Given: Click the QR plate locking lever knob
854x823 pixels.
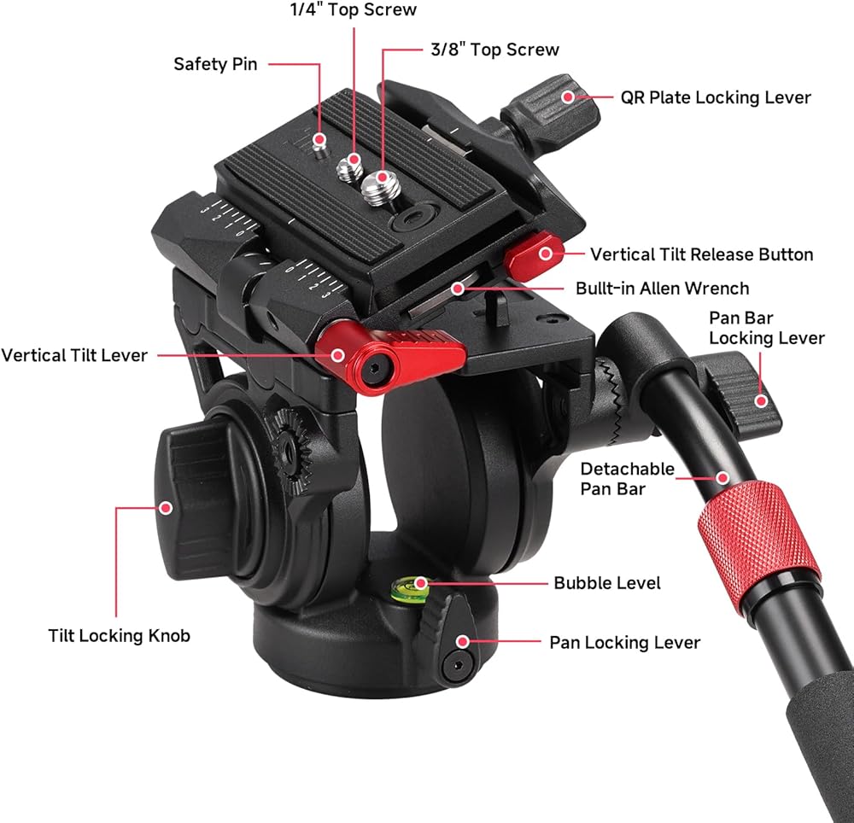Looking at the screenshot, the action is tap(550, 108).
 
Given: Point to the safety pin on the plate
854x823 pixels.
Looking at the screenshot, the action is tap(321, 145).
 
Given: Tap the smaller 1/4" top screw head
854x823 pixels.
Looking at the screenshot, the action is tap(349, 168).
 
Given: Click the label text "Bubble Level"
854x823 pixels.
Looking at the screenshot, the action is tap(606, 583).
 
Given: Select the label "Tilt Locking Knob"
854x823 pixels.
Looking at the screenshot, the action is tap(120, 636).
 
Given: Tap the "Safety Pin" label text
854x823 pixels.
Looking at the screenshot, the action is tap(215, 64).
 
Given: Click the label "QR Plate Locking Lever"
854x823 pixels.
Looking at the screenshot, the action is tap(716, 97).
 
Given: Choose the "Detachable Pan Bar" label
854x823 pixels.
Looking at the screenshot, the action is tap(627, 478).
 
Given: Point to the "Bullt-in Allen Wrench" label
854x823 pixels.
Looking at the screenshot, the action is tap(663, 288).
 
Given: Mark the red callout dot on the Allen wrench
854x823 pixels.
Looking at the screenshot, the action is tap(459, 288).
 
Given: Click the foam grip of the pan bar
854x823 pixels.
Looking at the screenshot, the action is tap(817, 740).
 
